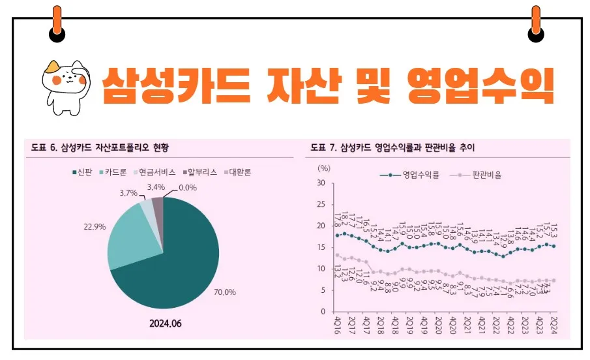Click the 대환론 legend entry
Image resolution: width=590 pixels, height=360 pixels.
pyautogui.click(x=238, y=173)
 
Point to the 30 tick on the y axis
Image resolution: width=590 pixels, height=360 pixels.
pyautogui.click(x=321, y=183)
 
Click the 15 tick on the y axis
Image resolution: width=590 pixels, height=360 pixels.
pyautogui.click(x=321, y=247)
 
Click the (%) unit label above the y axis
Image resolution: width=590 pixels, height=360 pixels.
pyautogui.click(x=324, y=168)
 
